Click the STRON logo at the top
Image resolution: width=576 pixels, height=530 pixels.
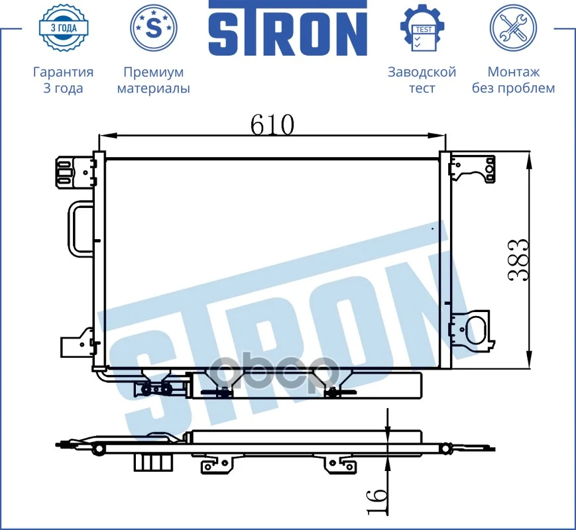coord(288,28)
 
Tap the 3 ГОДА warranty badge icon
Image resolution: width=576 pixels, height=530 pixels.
coord(64,28)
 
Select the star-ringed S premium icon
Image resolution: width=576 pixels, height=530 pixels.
coord(154,28)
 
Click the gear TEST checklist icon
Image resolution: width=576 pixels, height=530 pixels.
coord(422,28)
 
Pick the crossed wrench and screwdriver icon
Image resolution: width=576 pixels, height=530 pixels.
coord(513,28)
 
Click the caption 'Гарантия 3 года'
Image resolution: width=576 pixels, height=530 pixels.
coord(63,79)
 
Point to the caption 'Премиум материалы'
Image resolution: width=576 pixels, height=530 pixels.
coord(154,80)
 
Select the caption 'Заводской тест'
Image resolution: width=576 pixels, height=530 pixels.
coord(422,79)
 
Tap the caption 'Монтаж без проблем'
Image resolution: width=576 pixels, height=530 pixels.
coord(513,80)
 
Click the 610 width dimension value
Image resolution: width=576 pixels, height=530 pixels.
coord(272,125)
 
